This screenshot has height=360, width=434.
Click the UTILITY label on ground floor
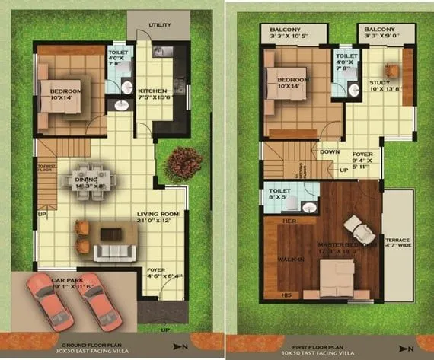(160, 25)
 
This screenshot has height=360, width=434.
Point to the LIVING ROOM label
(158, 214)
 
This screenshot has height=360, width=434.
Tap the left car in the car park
(47, 300)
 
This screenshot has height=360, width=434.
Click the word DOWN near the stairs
(330, 151)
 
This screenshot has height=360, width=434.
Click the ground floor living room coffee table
(110, 233)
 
